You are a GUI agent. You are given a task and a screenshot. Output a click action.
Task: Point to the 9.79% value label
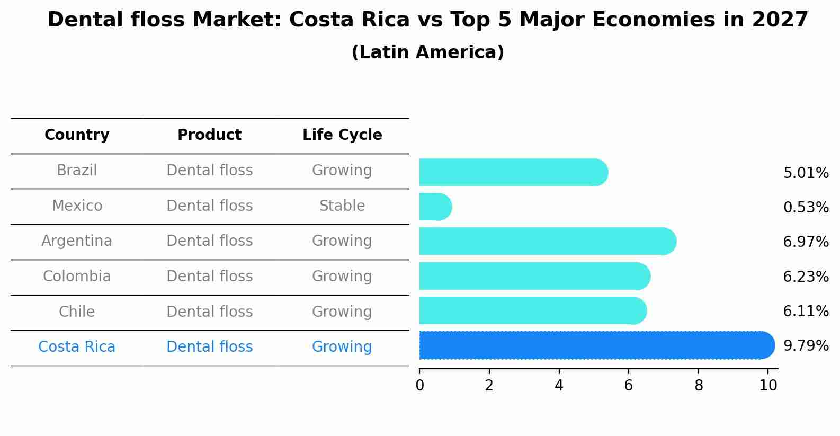[806, 346]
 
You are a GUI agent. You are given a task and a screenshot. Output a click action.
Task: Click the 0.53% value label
[806, 207]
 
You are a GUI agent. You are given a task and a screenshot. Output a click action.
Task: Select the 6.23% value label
[806, 277]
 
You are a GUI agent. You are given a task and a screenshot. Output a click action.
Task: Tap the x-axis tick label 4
[559, 386]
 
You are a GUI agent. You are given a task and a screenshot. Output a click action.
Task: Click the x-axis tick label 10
[768, 386]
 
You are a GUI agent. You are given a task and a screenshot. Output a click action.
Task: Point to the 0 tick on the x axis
[419, 386]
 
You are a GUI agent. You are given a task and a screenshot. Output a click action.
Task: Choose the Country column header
[77, 135]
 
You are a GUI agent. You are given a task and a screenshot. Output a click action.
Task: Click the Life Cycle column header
[342, 135]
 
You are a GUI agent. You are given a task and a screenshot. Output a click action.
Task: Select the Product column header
[209, 135]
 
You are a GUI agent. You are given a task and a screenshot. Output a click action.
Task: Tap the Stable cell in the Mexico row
[342, 206]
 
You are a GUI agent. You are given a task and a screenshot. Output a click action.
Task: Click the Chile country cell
[77, 312]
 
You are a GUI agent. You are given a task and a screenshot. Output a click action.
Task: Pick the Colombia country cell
[77, 277]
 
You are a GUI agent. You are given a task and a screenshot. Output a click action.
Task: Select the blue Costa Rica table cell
[77, 347]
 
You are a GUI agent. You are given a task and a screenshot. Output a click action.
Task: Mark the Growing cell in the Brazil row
[342, 171]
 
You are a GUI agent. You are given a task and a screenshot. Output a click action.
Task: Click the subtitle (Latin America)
[427, 52]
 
